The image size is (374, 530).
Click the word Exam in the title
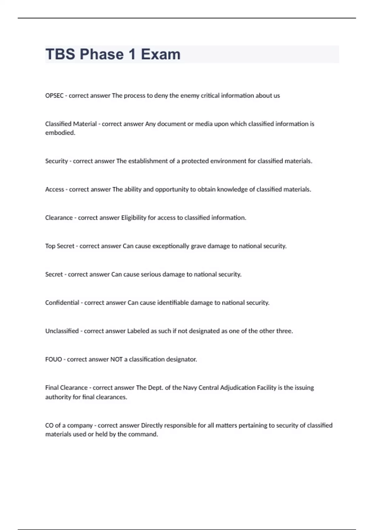coord(161,54)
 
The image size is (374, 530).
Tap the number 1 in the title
coord(132,54)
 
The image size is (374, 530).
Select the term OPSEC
coord(54,96)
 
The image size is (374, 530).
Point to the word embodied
coord(60,133)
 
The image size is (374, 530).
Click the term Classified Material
coord(71,124)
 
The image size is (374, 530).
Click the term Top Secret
coord(60,246)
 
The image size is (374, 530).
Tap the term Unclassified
coord(62,331)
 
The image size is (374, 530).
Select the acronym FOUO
coord(54,359)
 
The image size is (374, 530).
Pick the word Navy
coord(190,388)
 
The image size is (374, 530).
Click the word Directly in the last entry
coord(152,426)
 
